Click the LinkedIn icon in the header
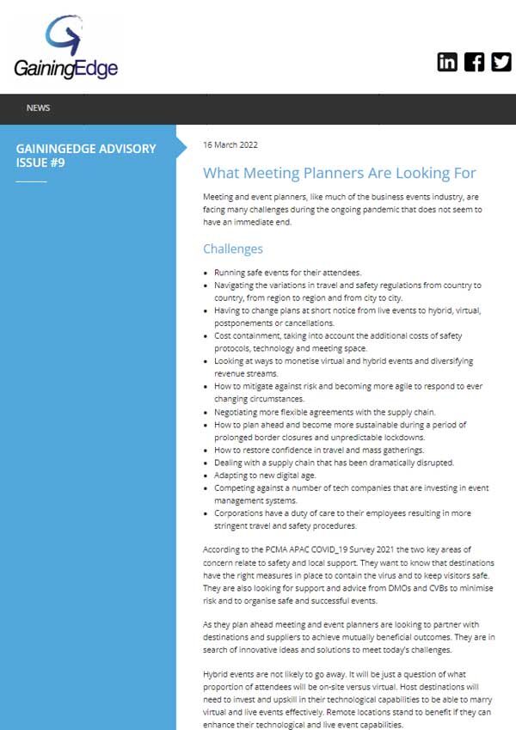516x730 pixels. (447, 62)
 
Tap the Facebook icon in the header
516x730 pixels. (474, 62)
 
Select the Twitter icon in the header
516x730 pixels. (501, 62)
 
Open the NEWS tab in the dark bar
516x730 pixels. (38, 108)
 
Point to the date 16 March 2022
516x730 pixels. (230, 144)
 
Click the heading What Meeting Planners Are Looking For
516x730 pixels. (339, 173)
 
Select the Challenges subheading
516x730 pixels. (232, 249)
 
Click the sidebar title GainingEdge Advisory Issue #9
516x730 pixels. (86, 155)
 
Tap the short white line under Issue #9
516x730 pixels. (32, 181)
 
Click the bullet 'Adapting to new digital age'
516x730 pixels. (272, 475)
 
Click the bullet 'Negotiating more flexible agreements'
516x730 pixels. (325, 412)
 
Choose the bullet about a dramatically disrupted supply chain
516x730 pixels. (334, 463)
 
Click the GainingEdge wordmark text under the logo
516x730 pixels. (66, 68)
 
